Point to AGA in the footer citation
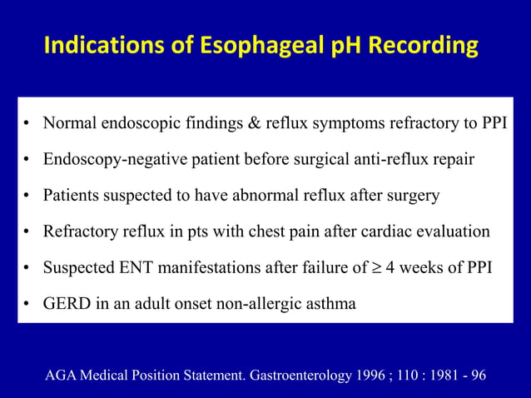(x=61, y=375)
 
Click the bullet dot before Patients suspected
(x=27, y=197)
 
